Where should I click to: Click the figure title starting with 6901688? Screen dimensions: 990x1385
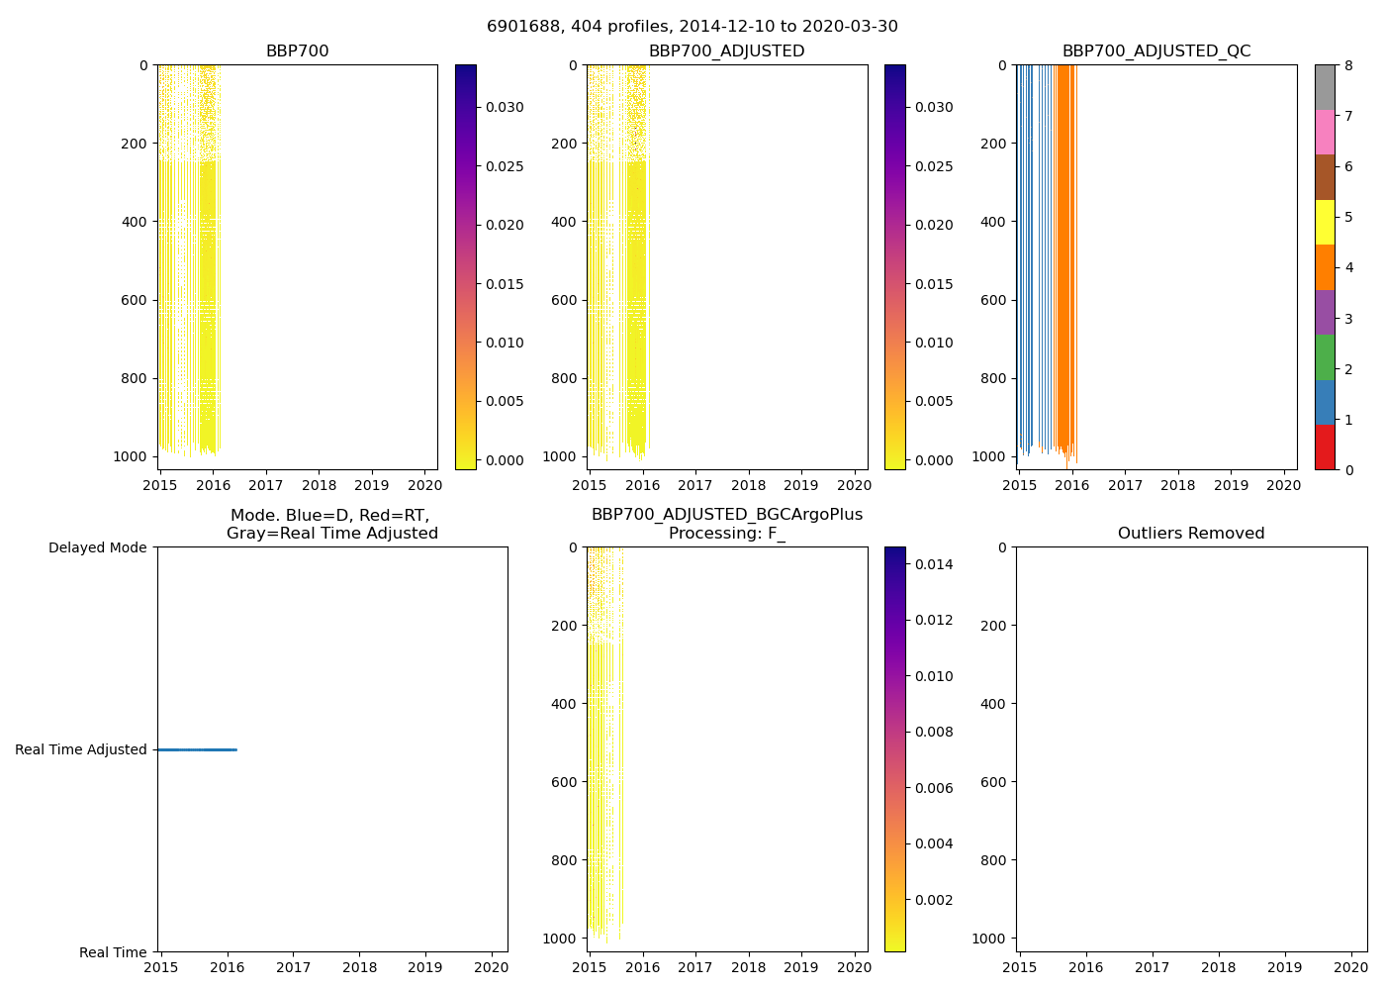coord(692,27)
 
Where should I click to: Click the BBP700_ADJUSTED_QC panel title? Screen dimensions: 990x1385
coord(1155,51)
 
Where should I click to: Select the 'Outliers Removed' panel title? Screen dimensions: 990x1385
coord(1190,534)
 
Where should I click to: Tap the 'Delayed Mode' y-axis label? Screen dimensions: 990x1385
coord(97,547)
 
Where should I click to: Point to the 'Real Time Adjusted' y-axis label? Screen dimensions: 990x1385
coord(80,749)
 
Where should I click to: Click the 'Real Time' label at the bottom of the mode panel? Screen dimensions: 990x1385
coord(113,952)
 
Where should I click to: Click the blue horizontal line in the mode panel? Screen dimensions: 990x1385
coord(197,749)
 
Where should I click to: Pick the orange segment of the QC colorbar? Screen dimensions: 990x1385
coord(1325,267)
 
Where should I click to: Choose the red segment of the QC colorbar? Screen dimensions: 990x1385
coord(1325,447)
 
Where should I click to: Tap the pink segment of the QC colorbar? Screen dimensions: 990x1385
coord(1325,132)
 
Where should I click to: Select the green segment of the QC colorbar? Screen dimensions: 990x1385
coord(1325,357)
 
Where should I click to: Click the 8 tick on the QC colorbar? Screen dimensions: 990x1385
coord(1348,65)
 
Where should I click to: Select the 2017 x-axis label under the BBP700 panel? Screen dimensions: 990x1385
coord(265,485)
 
